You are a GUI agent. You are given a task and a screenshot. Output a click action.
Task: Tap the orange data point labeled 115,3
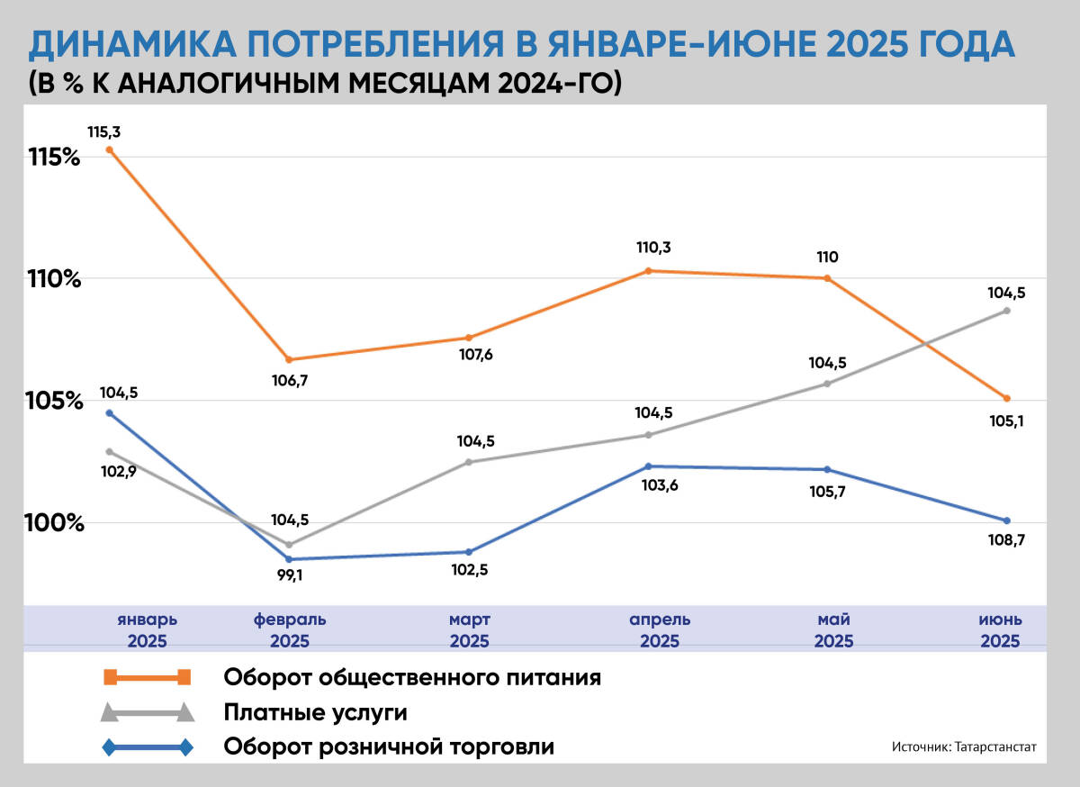pos(109,149)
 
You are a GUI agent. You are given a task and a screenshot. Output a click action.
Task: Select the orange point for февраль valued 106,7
pos(289,360)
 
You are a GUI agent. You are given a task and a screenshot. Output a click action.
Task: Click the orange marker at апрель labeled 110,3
pos(648,271)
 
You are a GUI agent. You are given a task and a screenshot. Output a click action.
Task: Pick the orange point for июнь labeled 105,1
pos(1007,399)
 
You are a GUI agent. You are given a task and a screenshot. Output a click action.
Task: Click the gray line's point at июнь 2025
pos(1007,311)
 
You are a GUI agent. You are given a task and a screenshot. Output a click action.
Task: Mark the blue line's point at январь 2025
pos(109,413)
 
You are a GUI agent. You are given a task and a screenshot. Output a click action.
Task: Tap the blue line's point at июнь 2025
pos(1007,520)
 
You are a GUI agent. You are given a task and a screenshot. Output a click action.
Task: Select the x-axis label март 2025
pos(469,630)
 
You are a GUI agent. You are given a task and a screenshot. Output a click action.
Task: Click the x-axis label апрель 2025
pos(660,630)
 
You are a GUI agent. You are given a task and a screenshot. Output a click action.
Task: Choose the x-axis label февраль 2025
pos(289,630)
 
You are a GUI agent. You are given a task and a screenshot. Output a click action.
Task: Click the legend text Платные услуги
pos(315,713)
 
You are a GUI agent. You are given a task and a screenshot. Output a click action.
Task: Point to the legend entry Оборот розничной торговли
pos(389,746)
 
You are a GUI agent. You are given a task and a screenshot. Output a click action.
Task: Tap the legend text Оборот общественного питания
pos(412,676)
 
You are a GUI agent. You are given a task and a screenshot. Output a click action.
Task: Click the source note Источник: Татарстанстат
pos(965,747)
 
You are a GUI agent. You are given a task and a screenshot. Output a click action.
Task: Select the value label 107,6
pos(476,355)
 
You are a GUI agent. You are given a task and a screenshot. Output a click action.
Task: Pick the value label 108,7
pos(1007,540)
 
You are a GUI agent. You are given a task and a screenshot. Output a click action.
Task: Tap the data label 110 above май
pos(827,258)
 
